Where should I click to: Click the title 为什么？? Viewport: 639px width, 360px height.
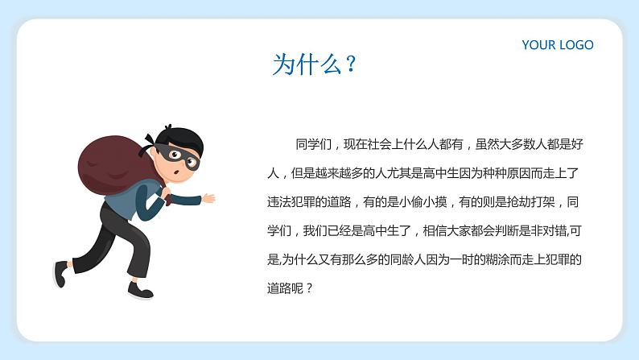314,64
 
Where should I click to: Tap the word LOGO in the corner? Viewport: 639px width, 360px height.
575,45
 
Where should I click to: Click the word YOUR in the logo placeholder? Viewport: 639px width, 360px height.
538,45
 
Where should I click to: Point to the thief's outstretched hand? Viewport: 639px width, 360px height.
208,197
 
